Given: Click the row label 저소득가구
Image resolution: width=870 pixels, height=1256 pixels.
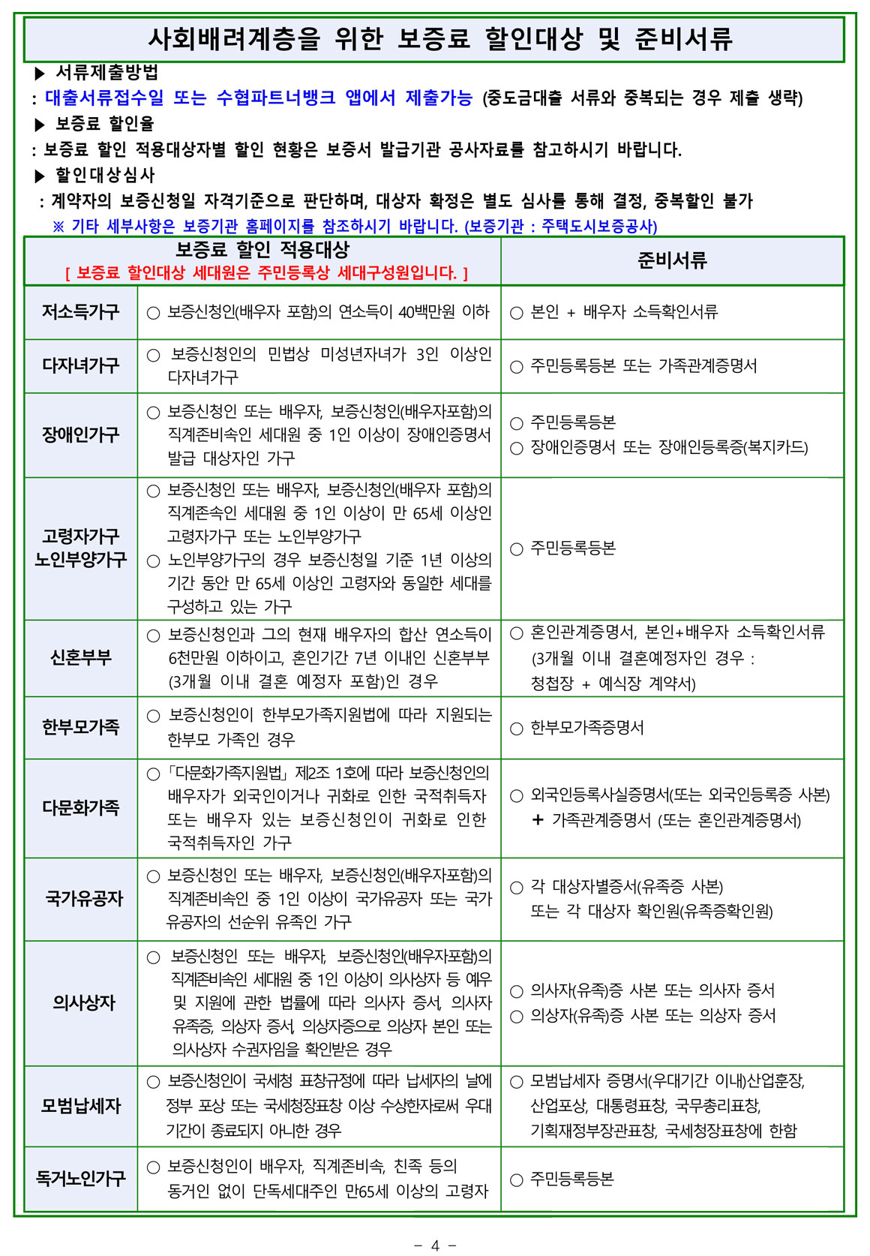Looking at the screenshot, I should [81, 312].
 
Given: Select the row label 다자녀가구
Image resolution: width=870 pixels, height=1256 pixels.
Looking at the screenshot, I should [81, 365].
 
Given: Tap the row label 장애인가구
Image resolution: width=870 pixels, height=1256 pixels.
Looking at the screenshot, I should [81, 434].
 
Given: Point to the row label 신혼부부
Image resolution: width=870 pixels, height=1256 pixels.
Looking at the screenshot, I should [81, 658].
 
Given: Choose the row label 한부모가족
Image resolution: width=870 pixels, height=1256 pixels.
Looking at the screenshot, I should [81, 727].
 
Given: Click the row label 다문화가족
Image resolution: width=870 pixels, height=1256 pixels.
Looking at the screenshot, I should [81, 808].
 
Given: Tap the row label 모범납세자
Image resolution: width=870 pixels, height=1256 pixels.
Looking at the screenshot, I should [81, 1106].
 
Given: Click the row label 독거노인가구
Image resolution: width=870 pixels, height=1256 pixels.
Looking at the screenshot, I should [81, 1179].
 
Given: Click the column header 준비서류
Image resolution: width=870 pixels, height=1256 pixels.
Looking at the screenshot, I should [672, 261].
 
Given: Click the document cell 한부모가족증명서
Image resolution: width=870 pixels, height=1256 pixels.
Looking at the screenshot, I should [586, 728].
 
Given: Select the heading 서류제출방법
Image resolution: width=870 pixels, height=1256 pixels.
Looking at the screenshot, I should [106, 73].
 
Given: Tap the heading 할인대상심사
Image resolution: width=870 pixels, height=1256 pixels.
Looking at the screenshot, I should [105, 176].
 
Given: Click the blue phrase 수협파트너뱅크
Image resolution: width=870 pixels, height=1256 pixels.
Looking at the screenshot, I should [275, 98].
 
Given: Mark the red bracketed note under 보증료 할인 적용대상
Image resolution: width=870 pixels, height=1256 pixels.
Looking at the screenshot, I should [266, 273].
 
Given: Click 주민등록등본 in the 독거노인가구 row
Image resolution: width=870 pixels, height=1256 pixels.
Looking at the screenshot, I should [571, 1179].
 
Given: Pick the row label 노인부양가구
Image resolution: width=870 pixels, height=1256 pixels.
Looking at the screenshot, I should [81, 560].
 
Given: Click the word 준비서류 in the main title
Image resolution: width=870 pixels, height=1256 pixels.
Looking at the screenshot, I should [683, 39].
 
